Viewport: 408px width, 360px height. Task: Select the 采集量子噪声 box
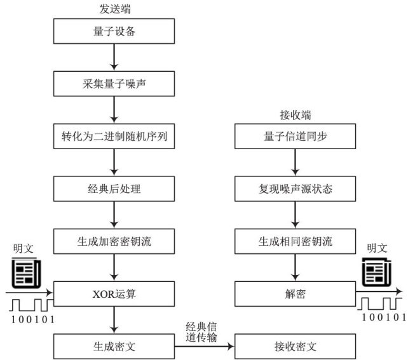114,83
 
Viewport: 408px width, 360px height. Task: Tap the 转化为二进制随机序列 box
114,136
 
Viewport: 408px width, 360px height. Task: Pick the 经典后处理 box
114,189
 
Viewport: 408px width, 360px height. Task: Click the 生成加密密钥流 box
114,241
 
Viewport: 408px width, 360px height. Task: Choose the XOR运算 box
114,294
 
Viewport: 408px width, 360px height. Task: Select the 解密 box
295,294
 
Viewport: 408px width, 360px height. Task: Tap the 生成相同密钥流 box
295,241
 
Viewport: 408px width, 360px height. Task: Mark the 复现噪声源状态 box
295,189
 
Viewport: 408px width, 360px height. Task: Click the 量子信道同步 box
295,136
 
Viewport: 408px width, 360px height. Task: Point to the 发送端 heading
114,9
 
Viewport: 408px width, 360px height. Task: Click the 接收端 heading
294,115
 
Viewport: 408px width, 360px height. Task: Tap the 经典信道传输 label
203,332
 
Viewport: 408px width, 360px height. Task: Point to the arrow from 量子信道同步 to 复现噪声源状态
295,163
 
